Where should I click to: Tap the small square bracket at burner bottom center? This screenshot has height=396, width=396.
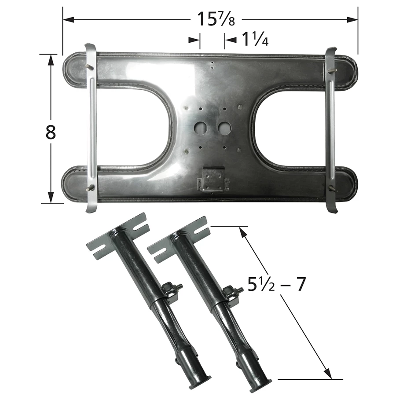(x=213, y=179)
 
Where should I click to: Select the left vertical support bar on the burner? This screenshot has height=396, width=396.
(x=92, y=128)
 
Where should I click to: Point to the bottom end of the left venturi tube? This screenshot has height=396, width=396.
(x=200, y=383)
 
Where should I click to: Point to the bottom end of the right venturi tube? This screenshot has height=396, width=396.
(x=261, y=386)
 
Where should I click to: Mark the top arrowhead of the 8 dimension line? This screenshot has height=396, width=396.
(x=51, y=59)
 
